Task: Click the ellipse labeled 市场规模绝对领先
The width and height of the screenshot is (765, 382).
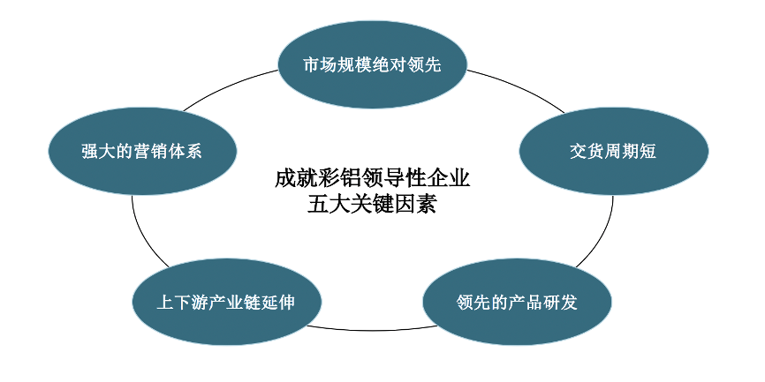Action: point(372,65)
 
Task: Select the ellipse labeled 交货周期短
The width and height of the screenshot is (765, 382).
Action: point(613,151)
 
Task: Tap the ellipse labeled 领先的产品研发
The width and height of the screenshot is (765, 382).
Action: point(517,303)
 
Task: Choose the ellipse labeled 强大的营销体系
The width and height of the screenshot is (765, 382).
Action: point(142,151)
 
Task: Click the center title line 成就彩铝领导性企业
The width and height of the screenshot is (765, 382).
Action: point(372,178)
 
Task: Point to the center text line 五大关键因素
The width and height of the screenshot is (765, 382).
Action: point(372,206)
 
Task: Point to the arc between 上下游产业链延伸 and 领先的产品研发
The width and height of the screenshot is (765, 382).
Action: point(371,329)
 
